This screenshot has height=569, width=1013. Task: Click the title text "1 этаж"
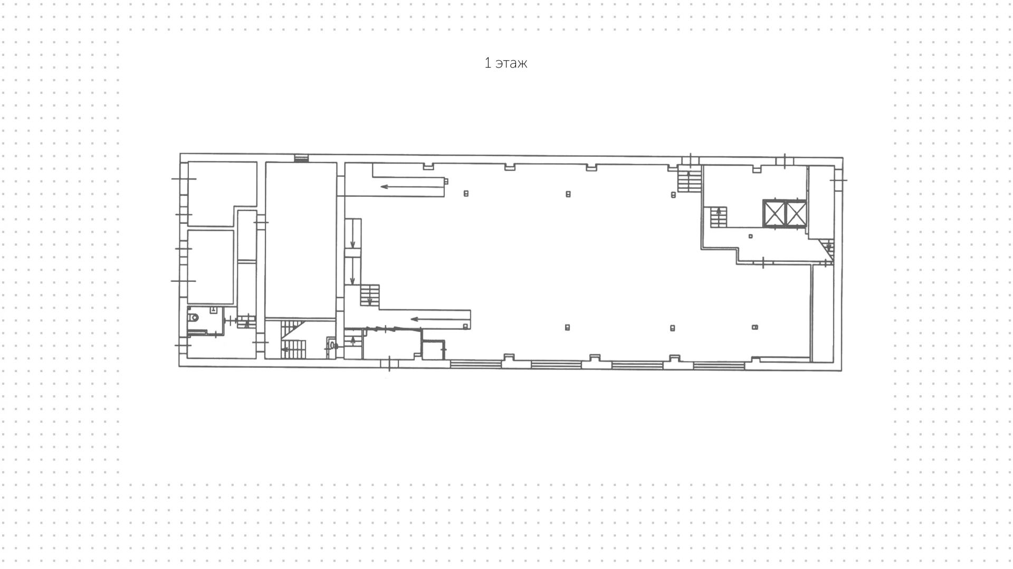tap(505, 63)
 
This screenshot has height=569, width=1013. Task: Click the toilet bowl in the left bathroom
tap(194, 318)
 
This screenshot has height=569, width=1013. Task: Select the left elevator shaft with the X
tap(774, 213)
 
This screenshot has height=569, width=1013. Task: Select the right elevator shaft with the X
tap(796, 213)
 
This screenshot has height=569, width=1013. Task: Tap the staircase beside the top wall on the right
tap(689, 179)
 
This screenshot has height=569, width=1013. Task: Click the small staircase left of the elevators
tap(718, 217)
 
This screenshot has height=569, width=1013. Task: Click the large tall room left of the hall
tap(301, 240)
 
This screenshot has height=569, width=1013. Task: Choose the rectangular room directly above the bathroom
tap(211, 267)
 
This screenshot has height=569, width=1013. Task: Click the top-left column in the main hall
tap(466, 194)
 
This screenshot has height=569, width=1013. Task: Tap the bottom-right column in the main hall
tap(755, 327)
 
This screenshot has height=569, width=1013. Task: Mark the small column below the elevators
tap(750, 236)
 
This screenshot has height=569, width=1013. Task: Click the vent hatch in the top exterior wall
tap(301, 158)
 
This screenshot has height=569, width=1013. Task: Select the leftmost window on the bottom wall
tap(475, 364)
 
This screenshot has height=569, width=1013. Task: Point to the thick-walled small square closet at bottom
tap(433, 350)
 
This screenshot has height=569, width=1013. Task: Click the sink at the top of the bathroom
tap(213, 310)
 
